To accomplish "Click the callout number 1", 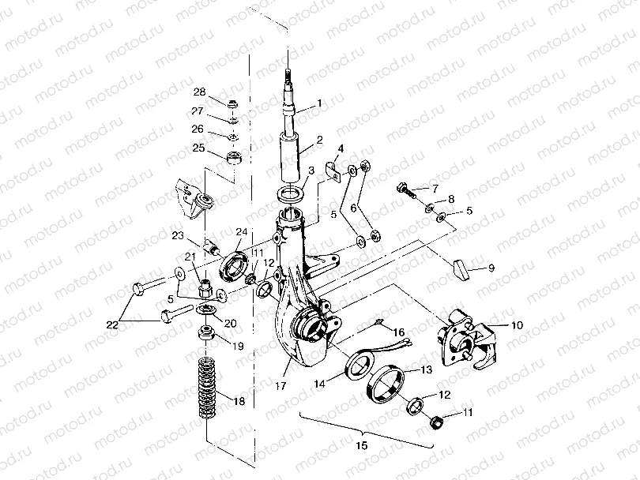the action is click(320, 103).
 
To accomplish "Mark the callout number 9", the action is click(491, 268).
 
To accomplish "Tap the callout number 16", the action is click(399, 332).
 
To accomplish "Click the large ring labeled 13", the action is click(386, 384).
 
